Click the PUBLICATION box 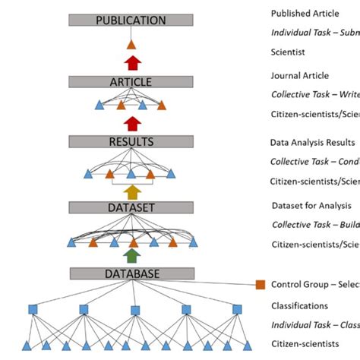click(131, 21)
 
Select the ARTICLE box click(131, 82)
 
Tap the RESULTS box click(131, 141)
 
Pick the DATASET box click(131, 207)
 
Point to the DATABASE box click(131, 273)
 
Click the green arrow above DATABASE click(132, 256)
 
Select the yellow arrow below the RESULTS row click(132, 191)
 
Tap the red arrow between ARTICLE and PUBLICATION click(132, 62)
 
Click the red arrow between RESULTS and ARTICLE click(132, 123)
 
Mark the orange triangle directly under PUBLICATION click(131, 45)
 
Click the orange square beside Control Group click(260, 284)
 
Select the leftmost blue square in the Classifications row click(33, 309)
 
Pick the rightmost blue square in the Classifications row click(237, 309)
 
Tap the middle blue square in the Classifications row click(135, 310)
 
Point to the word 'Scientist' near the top click(288, 52)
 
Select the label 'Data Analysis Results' click(312, 142)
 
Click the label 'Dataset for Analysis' click(311, 205)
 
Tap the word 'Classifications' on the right click(299, 306)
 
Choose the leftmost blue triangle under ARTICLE click(99, 106)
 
